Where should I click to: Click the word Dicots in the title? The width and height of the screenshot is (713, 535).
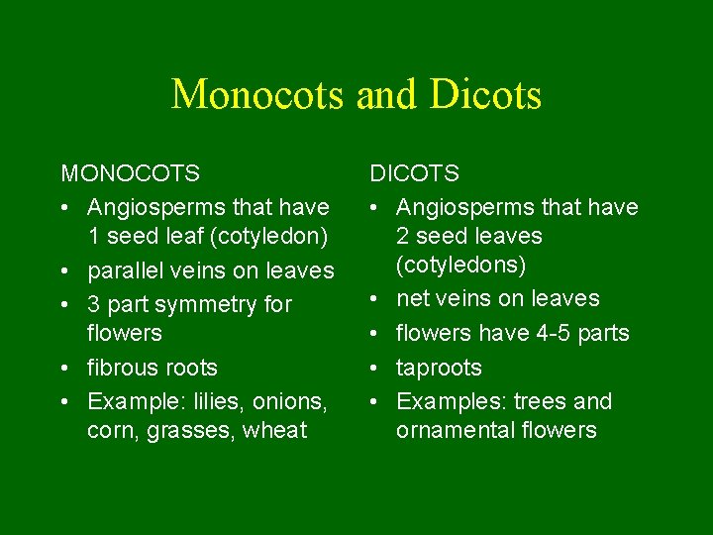click(x=486, y=95)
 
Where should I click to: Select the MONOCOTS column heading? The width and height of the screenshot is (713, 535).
click(x=131, y=174)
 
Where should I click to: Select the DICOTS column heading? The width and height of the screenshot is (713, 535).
click(x=415, y=174)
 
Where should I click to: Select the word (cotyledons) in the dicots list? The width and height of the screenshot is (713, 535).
click(x=460, y=266)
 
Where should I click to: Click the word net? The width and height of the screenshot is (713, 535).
click(x=412, y=298)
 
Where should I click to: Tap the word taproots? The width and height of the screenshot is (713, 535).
click(x=439, y=368)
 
